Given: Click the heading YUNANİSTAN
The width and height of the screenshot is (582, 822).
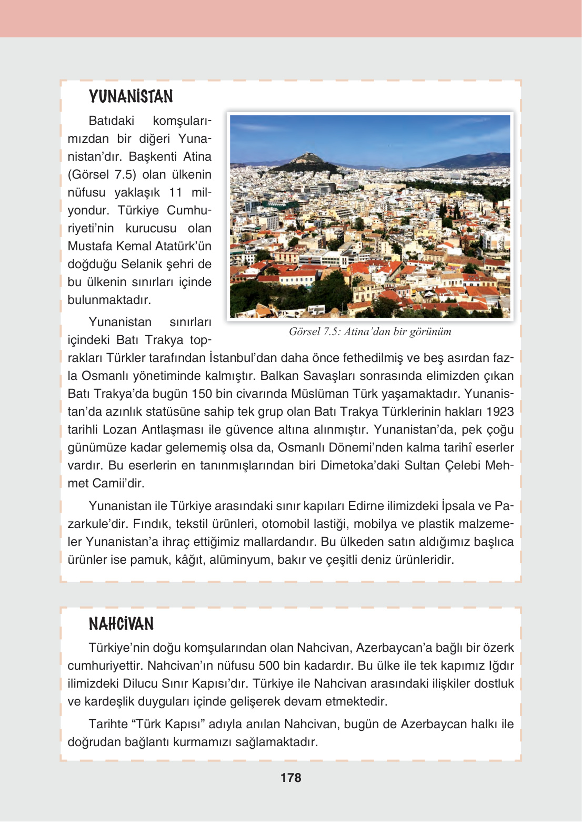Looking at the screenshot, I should coord(131,96).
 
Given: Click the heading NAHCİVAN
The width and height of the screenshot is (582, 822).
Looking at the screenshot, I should coord(121,624).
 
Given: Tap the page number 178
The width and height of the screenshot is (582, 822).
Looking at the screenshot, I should coord(290,778).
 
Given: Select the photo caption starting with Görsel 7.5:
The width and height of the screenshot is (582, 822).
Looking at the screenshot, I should coord(369,331).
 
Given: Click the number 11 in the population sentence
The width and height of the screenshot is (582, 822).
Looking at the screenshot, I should coord(175,192).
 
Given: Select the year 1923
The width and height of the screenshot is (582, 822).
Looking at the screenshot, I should coord(500,412).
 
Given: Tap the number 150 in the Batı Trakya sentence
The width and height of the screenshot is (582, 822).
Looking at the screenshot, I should coord(202,394).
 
